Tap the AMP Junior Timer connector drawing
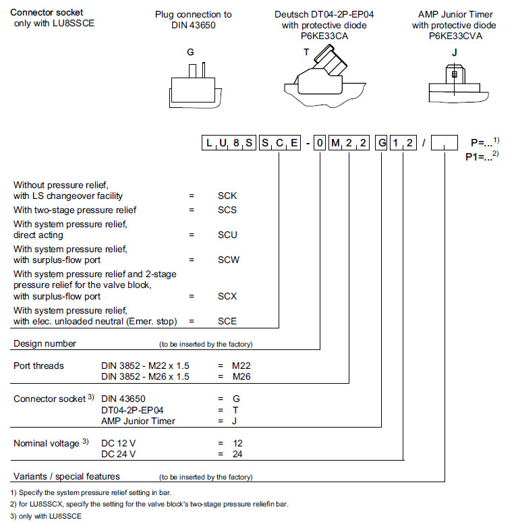click(454, 84)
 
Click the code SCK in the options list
click(227, 196)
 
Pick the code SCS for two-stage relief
click(227, 210)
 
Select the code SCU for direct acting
click(227, 235)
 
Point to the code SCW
click(227, 260)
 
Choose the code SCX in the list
click(227, 296)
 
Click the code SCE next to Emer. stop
click(227, 322)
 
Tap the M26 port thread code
click(241, 376)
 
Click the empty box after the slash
click(444, 142)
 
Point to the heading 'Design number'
click(45, 343)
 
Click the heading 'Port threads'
click(39, 366)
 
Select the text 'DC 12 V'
click(117, 443)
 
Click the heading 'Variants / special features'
click(67, 476)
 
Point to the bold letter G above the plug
click(190, 52)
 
